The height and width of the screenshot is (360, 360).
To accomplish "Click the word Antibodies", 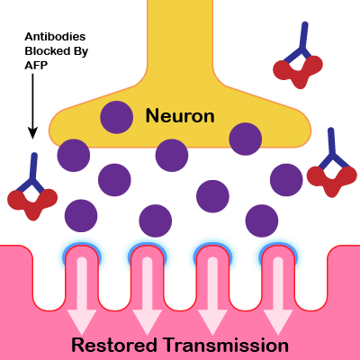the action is (x=55, y=37).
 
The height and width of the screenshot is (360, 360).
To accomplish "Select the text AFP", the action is (x=36, y=66).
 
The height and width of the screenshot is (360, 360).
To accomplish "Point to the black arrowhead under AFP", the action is (x=32, y=133).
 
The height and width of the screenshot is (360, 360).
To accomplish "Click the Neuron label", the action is (x=180, y=116).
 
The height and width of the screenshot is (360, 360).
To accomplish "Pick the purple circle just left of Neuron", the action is (x=117, y=117).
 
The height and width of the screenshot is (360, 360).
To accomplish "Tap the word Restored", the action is (x=114, y=345).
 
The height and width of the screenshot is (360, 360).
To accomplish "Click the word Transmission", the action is (x=227, y=345).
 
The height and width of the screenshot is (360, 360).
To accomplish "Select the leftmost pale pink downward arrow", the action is (x=82, y=296).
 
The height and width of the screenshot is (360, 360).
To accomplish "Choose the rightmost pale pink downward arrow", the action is (x=278, y=296).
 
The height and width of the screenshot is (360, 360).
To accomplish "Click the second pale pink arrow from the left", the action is (x=147, y=296).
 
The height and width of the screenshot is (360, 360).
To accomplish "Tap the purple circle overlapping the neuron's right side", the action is (x=246, y=139).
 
